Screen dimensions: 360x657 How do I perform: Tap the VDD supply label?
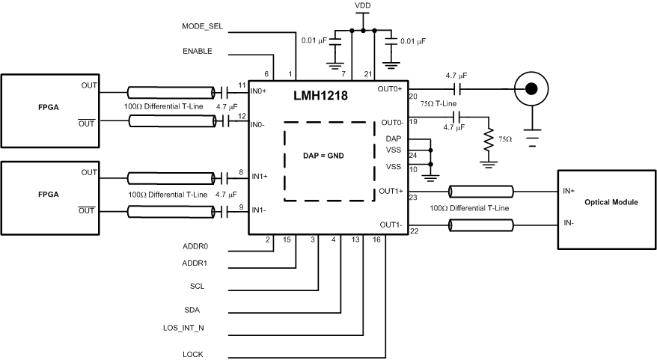(x=362, y=5)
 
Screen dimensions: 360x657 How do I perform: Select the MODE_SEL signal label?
(x=202, y=26)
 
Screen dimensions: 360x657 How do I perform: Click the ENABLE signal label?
(x=198, y=51)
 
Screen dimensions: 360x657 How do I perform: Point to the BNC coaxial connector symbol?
(x=531, y=89)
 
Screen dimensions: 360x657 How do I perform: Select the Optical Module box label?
(x=605, y=202)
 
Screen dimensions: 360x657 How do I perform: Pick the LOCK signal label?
(x=192, y=354)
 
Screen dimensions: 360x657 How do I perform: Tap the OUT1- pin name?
(x=391, y=225)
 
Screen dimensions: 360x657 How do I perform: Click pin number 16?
(x=376, y=240)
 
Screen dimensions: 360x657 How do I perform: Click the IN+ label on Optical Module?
(x=569, y=190)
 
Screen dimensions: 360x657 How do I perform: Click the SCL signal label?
(x=198, y=286)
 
